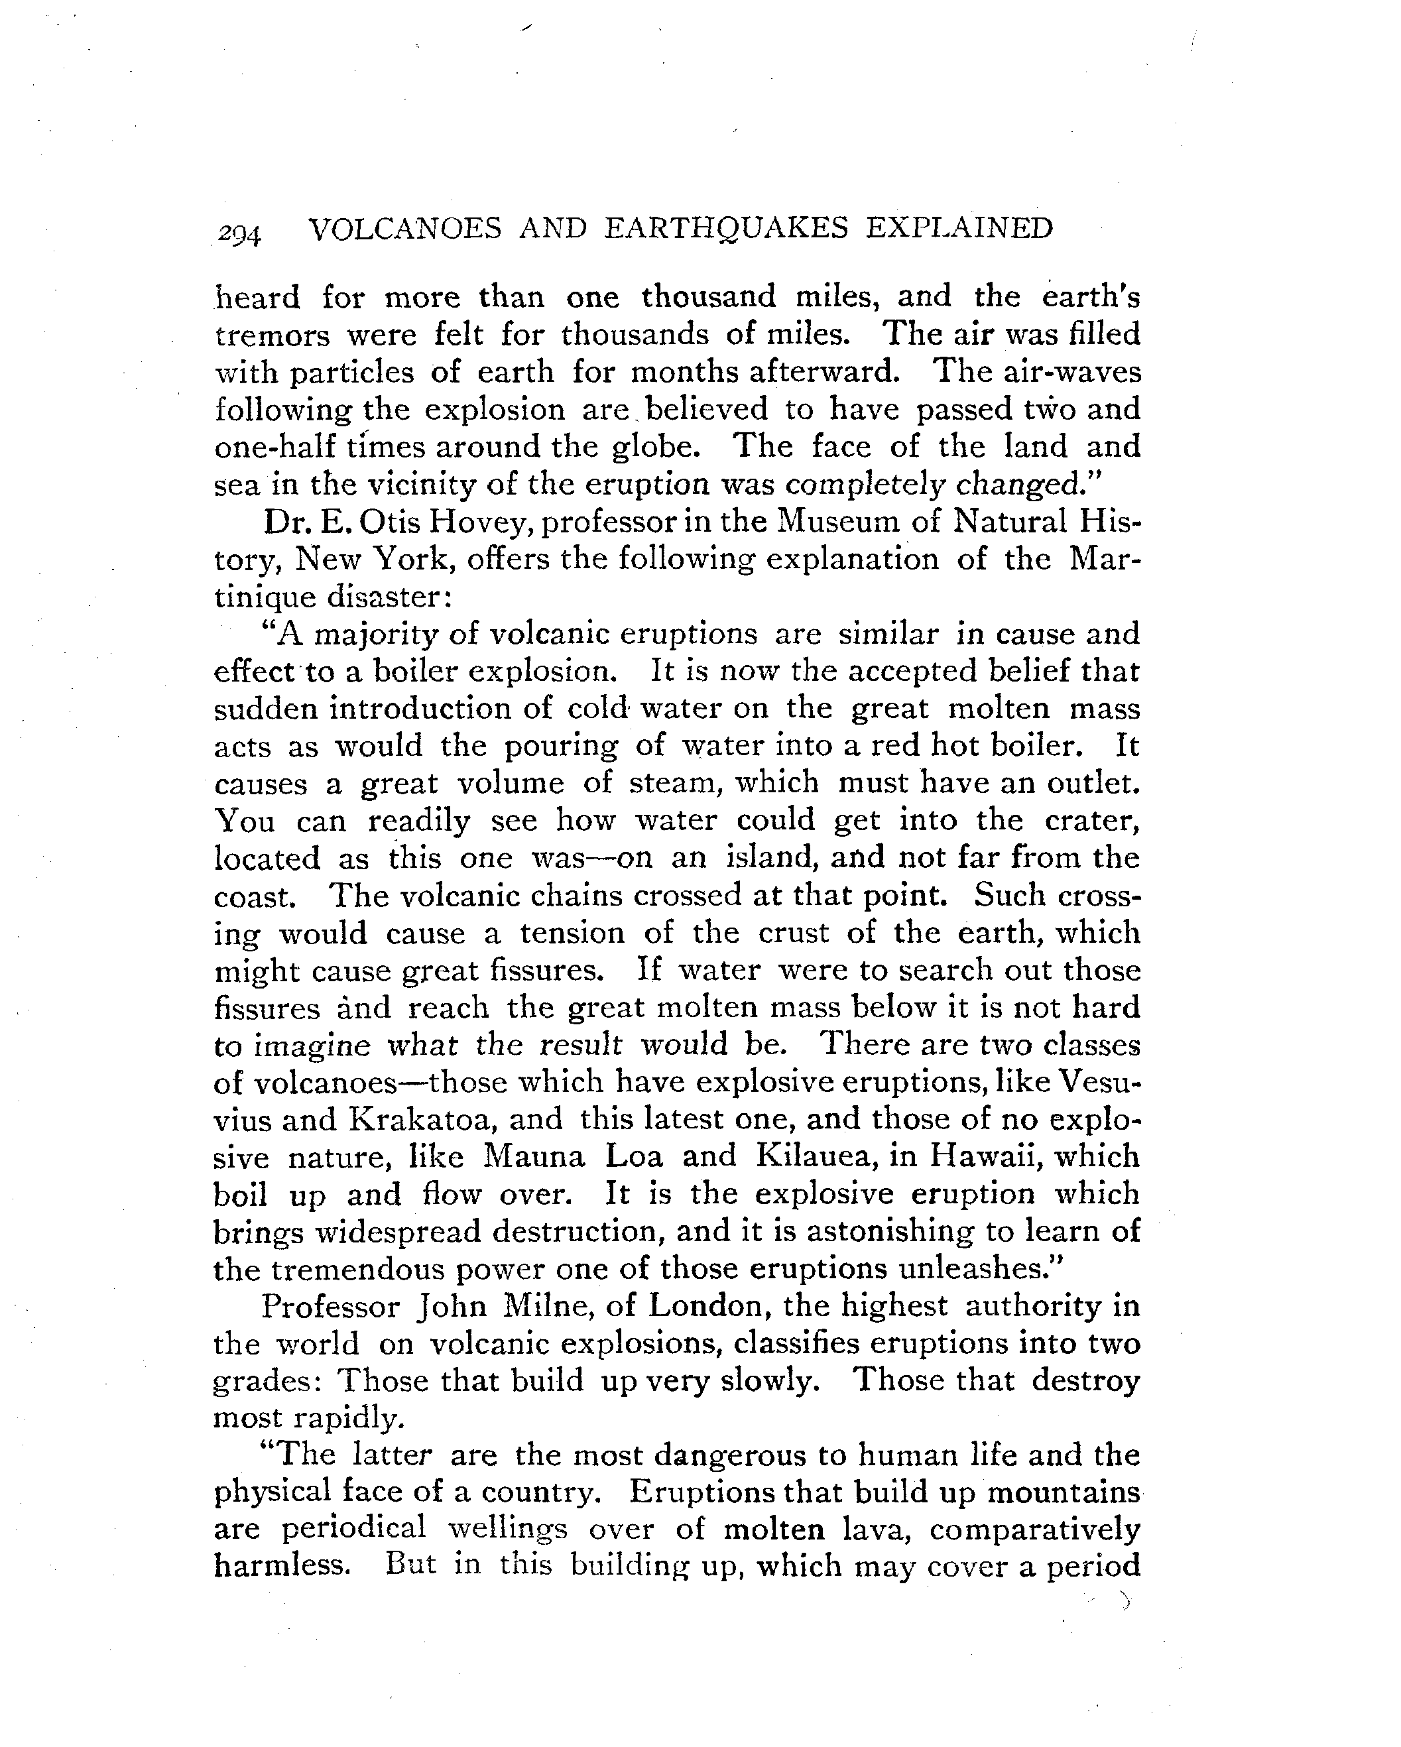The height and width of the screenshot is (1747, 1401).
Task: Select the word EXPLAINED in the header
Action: pos(959,229)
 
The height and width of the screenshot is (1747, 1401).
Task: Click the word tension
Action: pos(572,933)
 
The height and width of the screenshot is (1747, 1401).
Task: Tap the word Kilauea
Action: pos(813,1157)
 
